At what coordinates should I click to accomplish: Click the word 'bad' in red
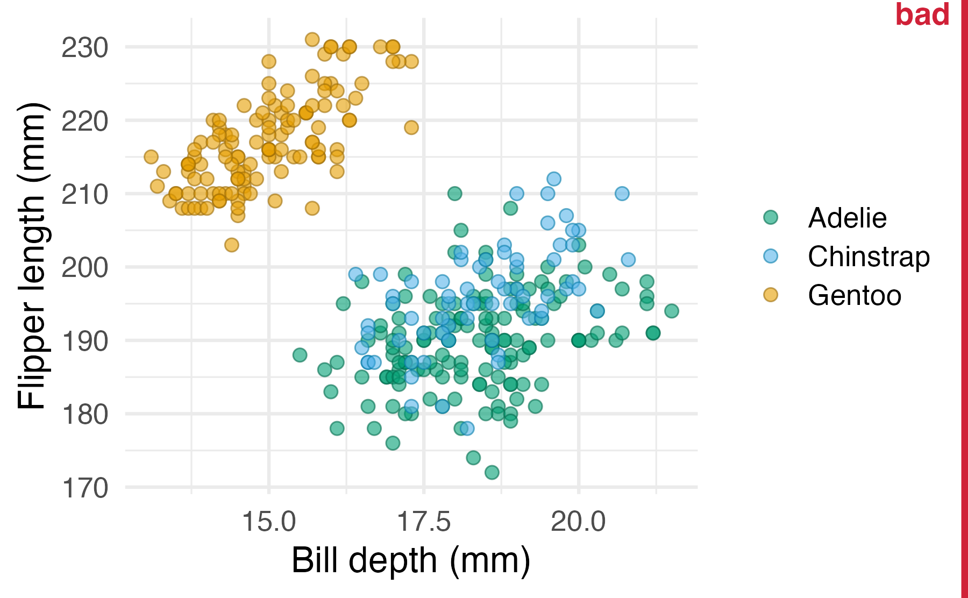(922, 15)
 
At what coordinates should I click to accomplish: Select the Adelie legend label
(847, 218)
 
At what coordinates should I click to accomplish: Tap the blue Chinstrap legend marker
(771, 256)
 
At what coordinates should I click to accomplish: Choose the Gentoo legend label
(854, 295)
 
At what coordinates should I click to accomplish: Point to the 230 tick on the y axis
(85, 47)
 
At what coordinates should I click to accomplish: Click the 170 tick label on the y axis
(85, 488)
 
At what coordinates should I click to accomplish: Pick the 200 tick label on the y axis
(85, 267)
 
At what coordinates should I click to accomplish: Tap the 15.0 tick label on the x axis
(269, 521)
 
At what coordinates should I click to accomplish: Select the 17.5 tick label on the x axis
(424, 521)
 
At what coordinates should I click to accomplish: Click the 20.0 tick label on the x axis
(579, 521)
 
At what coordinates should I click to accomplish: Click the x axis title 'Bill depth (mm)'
(411, 560)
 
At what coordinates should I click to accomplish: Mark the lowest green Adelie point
(492, 472)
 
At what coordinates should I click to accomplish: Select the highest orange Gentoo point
(312, 39)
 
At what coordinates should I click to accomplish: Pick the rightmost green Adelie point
(671, 311)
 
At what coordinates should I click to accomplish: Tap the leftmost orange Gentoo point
(151, 156)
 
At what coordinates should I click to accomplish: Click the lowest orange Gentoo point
(231, 245)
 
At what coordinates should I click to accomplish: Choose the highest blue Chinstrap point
(553, 179)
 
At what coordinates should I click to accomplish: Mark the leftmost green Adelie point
(300, 355)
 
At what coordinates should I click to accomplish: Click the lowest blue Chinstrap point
(467, 428)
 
